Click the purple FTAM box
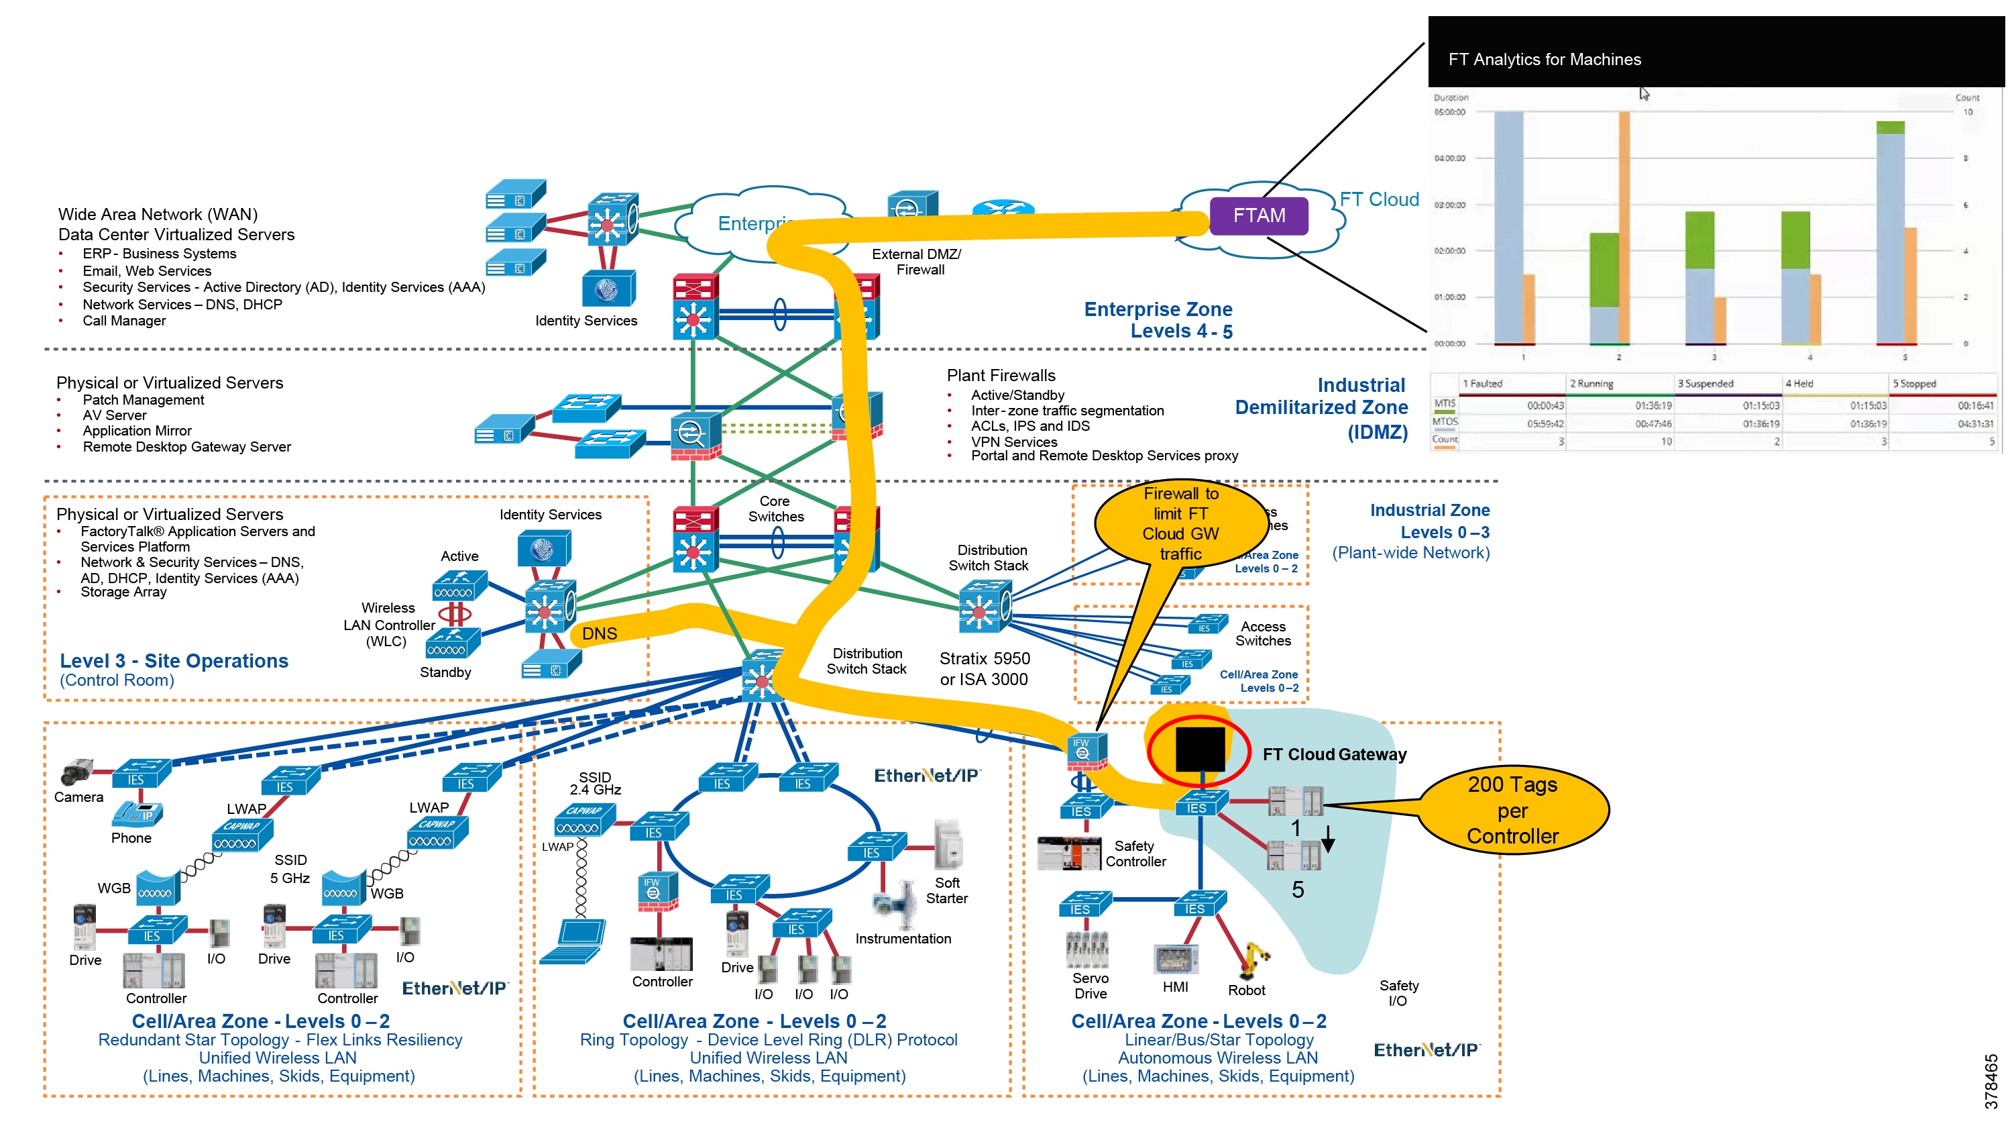click(x=1258, y=215)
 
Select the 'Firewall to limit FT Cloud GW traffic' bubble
click(x=1180, y=523)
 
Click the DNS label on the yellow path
click(x=599, y=633)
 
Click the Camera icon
click(x=76, y=772)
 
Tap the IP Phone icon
click(x=137, y=814)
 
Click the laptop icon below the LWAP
click(x=574, y=941)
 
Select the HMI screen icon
click(x=1176, y=958)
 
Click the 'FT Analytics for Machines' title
click(x=1543, y=59)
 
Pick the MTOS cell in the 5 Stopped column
click(x=1974, y=423)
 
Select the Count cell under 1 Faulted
click(x=1561, y=442)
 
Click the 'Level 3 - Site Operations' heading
click(x=174, y=661)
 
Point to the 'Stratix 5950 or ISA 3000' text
click(x=984, y=669)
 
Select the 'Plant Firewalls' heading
click(x=1001, y=376)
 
